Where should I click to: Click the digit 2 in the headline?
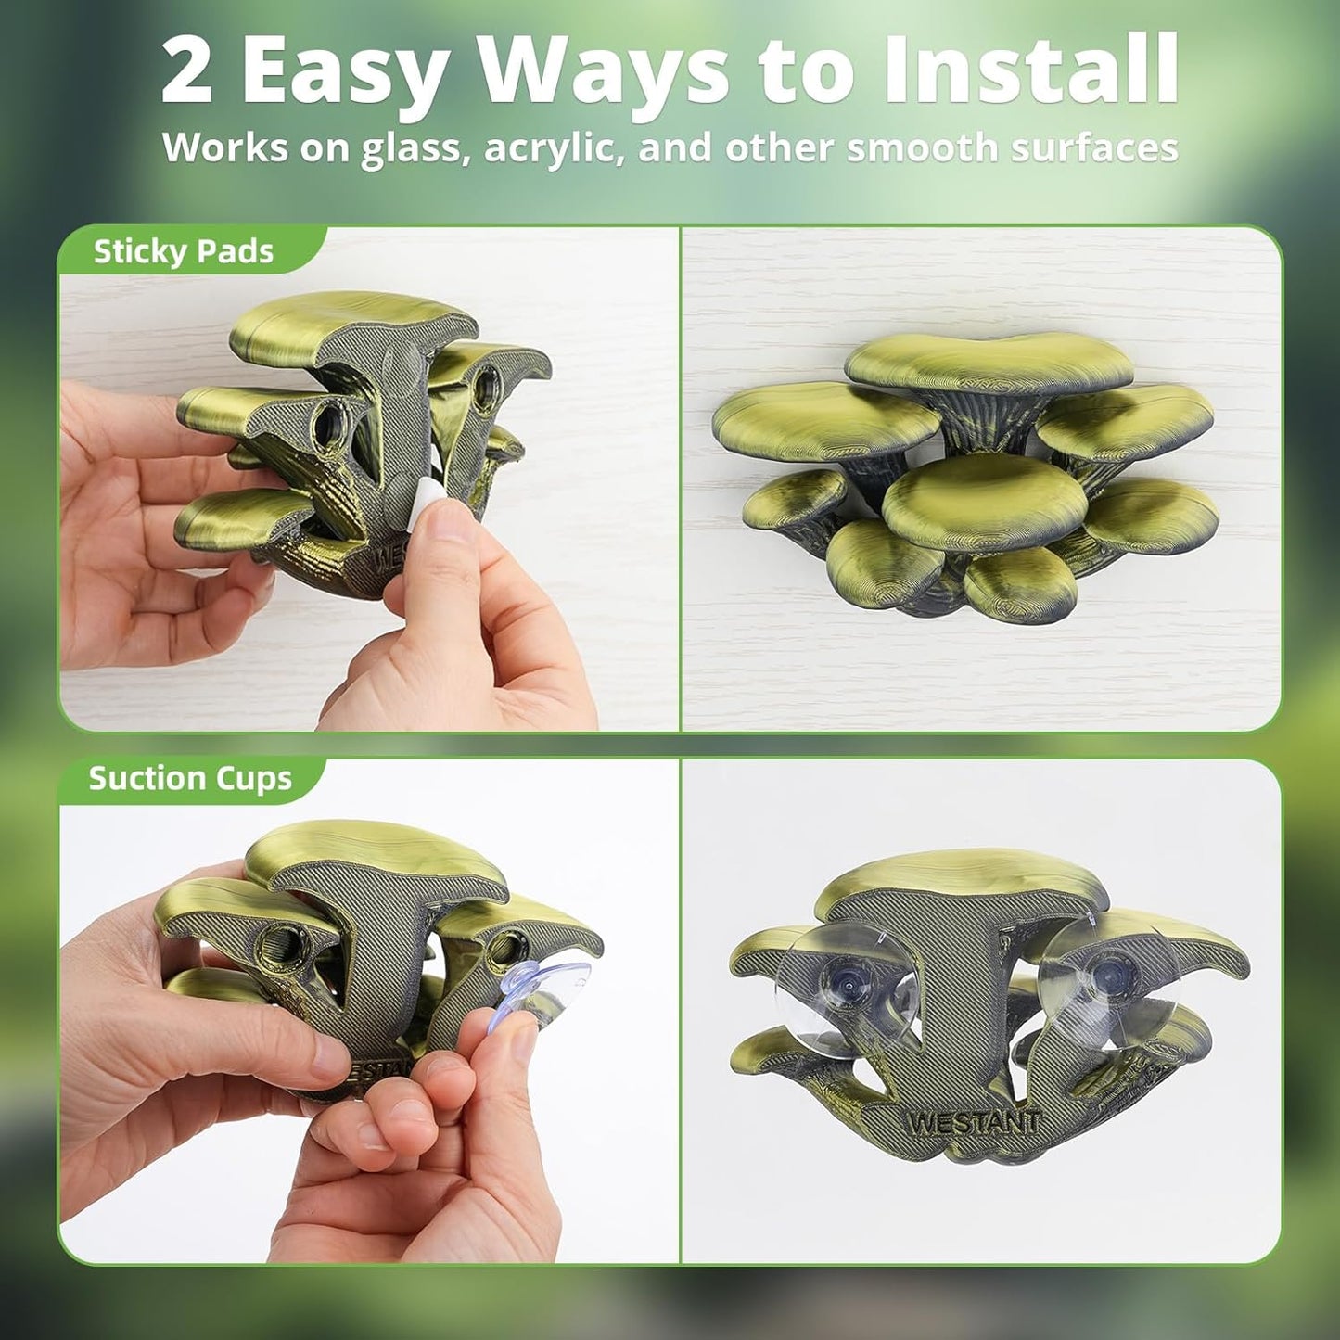tap(187, 71)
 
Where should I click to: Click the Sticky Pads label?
tap(183, 251)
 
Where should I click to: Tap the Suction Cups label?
tap(190, 778)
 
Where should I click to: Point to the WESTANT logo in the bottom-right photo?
tap(974, 1122)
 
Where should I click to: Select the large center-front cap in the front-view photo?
tap(984, 501)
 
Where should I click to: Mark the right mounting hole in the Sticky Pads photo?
tap(484, 383)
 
